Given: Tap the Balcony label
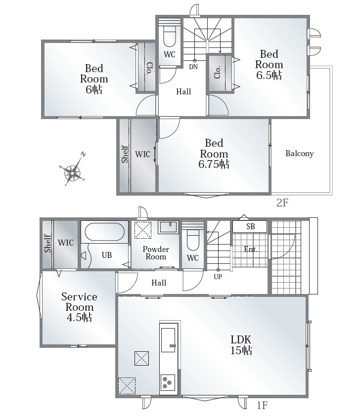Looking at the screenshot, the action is pyautogui.click(x=300, y=154).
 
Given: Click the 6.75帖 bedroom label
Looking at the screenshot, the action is pyautogui.click(x=214, y=154).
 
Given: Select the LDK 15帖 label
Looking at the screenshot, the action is pyautogui.click(x=241, y=345).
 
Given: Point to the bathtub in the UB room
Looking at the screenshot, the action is pyautogui.click(x=104, y=232).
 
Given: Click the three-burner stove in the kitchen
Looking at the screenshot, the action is pyautogui.click(x=168, y=382).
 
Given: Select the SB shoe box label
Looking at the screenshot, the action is pyautogui.click(x=250, y=227).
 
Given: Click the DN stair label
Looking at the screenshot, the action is pyautogui.click(x=193, y=67).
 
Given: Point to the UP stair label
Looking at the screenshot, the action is pyautogui.click(x=218, y=277).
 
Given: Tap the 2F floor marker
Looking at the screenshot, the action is pyautogui.click(x=282, y=203).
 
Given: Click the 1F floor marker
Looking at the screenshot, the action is pyautogui.click(x=262, y=405).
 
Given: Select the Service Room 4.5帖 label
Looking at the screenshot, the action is pyautogui.click(x=79, y=307).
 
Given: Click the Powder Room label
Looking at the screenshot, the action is pyautogui.click(x=156, y=253).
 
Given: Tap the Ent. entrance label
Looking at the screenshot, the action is pyautogui.click(x=251, y=250).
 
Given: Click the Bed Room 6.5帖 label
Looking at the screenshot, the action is pyautogui.click(x=269, y=65).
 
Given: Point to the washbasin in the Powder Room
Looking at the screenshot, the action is pyautogui.click(x=168, y=227).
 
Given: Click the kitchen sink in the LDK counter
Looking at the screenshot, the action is pyautogui.click(x=168, y=339).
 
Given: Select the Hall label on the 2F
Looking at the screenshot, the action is pyautogui.click(x=183, y=92).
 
